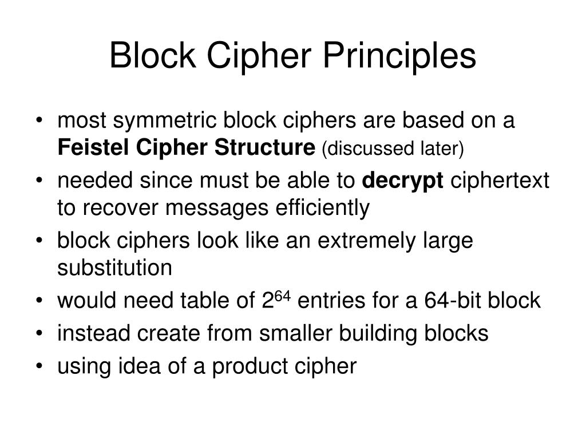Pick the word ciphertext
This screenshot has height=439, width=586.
point(500,181)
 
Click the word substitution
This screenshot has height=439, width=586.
point(114,268)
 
